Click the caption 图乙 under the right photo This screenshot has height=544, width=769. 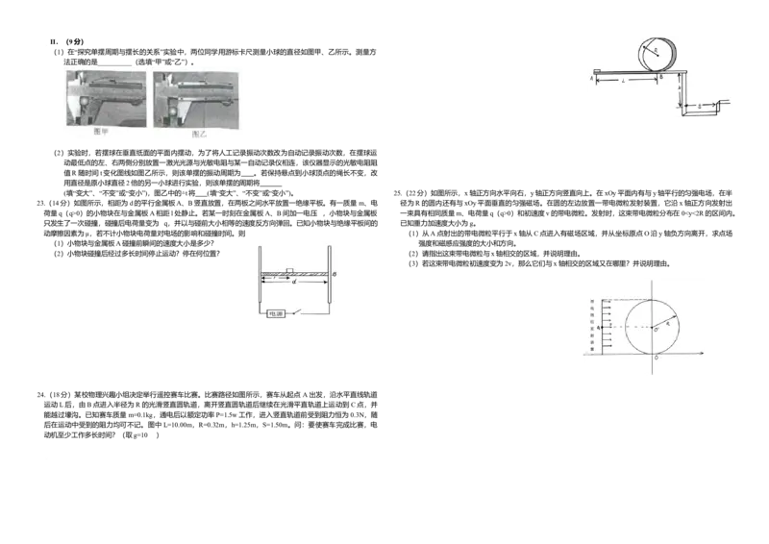pos(202,136)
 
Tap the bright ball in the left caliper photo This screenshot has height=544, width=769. pos(85,98)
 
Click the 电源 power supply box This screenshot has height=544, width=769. pos(276,312)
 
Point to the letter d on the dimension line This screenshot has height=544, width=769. pos(293,284)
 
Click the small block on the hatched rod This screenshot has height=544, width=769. pos(289,269)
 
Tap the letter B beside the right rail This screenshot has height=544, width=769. pos(334,274)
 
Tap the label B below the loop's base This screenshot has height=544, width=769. pos(662,77)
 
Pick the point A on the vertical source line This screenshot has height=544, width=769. pos(599,328)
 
